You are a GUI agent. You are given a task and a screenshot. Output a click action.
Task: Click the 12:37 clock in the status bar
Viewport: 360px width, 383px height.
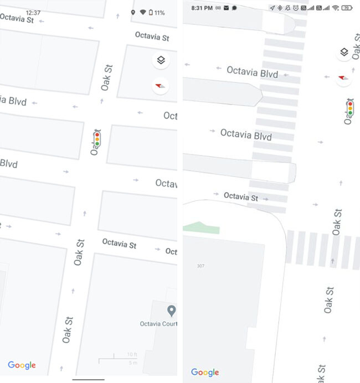point(33,12)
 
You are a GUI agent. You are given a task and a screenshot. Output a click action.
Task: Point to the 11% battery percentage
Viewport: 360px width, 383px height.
point(160,12)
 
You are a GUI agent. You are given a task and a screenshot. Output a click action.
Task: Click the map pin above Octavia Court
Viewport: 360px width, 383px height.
point(172,310)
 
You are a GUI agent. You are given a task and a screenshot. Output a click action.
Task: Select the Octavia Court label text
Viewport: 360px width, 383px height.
point(158,323)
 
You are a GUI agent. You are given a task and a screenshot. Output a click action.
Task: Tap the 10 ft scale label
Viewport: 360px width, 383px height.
point(132,354)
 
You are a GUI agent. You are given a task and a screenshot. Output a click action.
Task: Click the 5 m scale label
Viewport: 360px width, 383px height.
point(132,363)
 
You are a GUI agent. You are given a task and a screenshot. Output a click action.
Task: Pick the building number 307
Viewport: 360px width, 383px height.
point(200,266)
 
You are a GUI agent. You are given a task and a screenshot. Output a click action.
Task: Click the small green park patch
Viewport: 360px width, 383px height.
point(200,227)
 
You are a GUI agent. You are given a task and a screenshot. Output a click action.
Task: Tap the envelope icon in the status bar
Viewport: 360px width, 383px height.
point(226,8)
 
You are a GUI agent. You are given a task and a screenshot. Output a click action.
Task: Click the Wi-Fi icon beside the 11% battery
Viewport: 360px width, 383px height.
point(143,12)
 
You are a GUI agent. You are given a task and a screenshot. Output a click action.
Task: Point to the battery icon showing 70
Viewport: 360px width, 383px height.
point(347,8)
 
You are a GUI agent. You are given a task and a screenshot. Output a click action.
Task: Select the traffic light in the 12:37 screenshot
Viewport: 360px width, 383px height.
point(97,139)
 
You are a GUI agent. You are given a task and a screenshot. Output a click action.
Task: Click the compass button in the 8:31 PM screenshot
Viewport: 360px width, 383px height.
point(345,77)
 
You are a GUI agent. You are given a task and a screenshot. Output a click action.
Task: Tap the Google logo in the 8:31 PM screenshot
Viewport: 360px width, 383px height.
point(205,372)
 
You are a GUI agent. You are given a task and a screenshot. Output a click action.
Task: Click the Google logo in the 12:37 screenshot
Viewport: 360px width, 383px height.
point(22,365)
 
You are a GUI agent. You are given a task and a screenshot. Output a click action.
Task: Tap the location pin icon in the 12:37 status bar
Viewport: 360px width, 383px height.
point(133,12)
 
